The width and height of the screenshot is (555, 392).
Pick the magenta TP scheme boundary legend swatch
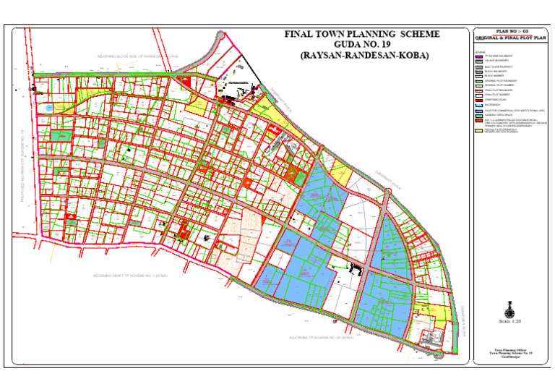(478, 56)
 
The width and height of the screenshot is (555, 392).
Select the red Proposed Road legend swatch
(478, 101)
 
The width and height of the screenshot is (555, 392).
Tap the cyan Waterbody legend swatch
(478, 106)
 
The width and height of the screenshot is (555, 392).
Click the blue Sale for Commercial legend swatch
(478, 111)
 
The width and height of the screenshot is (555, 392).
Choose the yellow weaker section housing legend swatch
(478, 131)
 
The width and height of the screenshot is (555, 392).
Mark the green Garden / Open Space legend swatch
(478, 116)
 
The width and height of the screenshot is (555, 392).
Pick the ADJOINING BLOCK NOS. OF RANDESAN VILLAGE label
(137, 56)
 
